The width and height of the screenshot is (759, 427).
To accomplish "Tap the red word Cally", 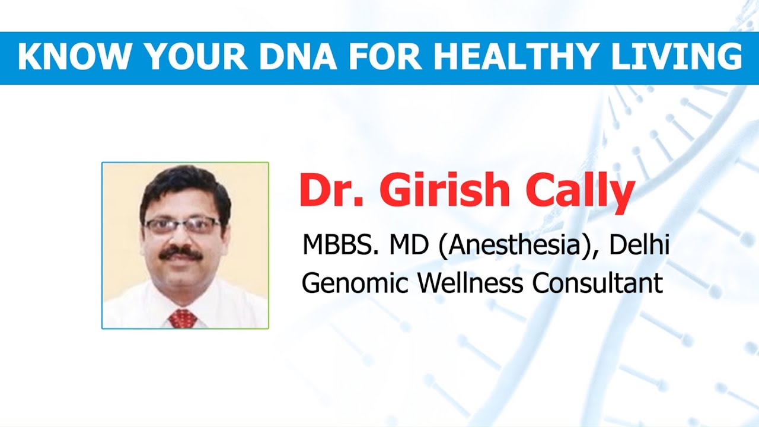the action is [580, 193].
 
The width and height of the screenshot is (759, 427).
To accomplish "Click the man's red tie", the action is [183, 318].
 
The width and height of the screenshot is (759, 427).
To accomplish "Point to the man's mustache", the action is [181, 253].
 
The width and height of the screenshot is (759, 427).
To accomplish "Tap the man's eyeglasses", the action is [183, 225].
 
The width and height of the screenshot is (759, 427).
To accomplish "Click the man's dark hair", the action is [184, 190].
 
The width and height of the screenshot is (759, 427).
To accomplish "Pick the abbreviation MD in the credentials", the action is [409, 245].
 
